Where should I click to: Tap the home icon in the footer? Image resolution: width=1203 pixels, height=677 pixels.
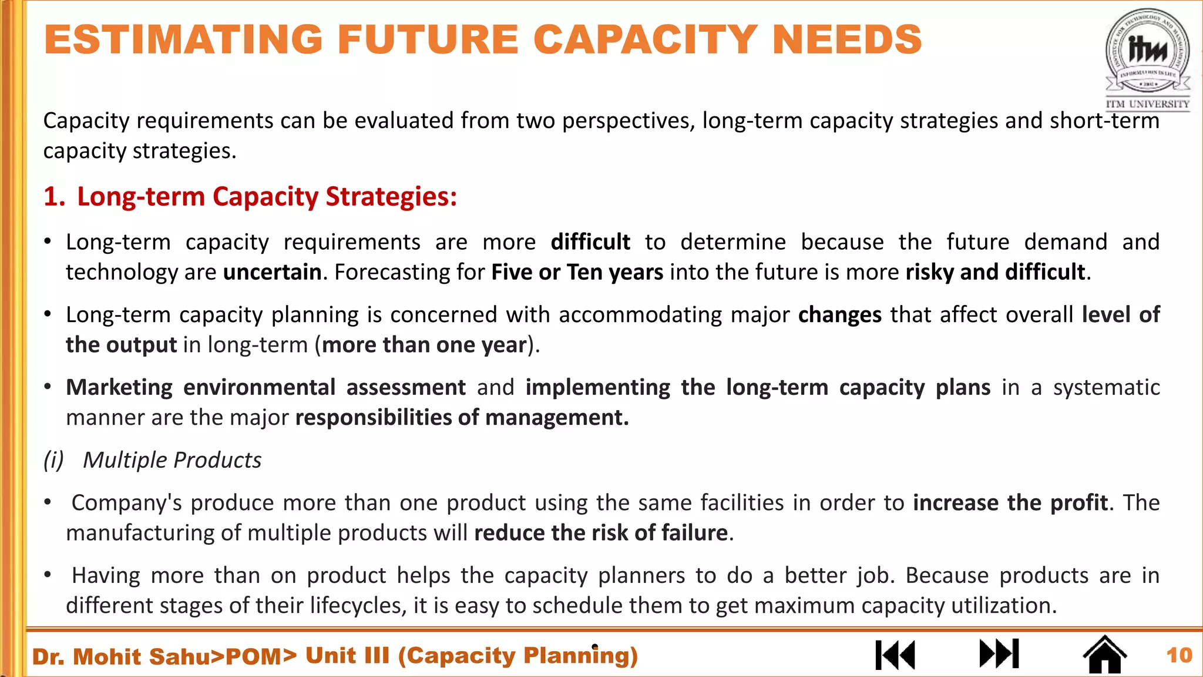(x=1104, y=654)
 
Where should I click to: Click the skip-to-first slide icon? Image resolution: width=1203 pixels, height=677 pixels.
(x=895, y=655)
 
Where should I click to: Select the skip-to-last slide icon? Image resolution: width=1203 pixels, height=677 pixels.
(x=999, y=653)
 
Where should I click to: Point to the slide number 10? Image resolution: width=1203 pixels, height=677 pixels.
(x=1179, y=655)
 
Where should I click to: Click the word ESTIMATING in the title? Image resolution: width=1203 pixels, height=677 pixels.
(x=183, y=39)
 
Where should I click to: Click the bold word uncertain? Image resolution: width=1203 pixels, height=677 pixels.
(x=272, y=272)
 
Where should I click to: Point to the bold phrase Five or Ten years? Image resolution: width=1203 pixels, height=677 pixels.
(x=577, y=272)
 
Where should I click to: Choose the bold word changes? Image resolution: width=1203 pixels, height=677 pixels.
(x=839, y=315)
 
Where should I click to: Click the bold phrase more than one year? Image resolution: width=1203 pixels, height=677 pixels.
(x=424, y=345)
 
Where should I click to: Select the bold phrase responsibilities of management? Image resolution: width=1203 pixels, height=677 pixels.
(x=462, y=417)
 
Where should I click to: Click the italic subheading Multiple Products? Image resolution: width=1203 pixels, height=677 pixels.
(x=172, y=460)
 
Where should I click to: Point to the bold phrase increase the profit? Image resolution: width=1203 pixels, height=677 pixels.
(x=1010, y=503)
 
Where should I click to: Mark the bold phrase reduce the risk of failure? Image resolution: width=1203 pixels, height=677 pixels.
(x=601, y=533)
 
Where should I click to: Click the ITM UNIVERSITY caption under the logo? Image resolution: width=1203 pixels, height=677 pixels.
(x=1147, y=104)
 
